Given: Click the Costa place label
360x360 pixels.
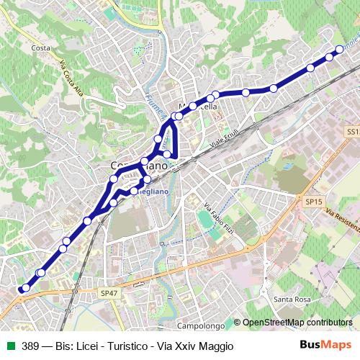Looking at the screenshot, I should pos(40,48).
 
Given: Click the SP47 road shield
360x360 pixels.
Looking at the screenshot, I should pos(109,293).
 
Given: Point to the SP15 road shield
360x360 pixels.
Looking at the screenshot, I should pos(311,202).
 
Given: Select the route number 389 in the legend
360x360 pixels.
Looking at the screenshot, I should pos(31,346).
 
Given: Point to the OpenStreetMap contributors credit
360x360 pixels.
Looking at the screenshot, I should pos(297,323).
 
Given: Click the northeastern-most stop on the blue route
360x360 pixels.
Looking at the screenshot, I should pos(340,50).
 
